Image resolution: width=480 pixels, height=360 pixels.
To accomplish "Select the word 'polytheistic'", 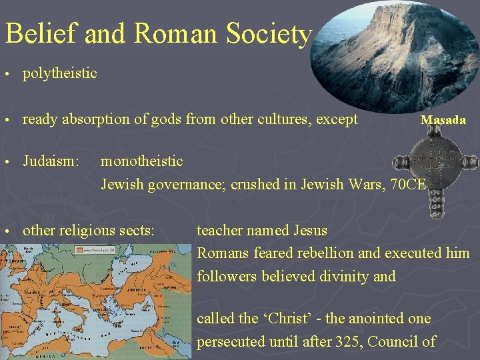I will point(59,73).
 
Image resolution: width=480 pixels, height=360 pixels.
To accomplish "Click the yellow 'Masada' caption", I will point(443,120).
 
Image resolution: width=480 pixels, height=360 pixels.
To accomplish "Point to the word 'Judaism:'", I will point(51,161).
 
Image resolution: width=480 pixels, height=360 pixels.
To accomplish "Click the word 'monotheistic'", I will point(141,161).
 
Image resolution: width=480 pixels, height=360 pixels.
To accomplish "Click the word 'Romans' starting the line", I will point(219,253).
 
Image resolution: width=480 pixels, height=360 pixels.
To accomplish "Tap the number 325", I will point(358,342).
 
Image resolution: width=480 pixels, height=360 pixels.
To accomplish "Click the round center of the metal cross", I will point(423,161).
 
